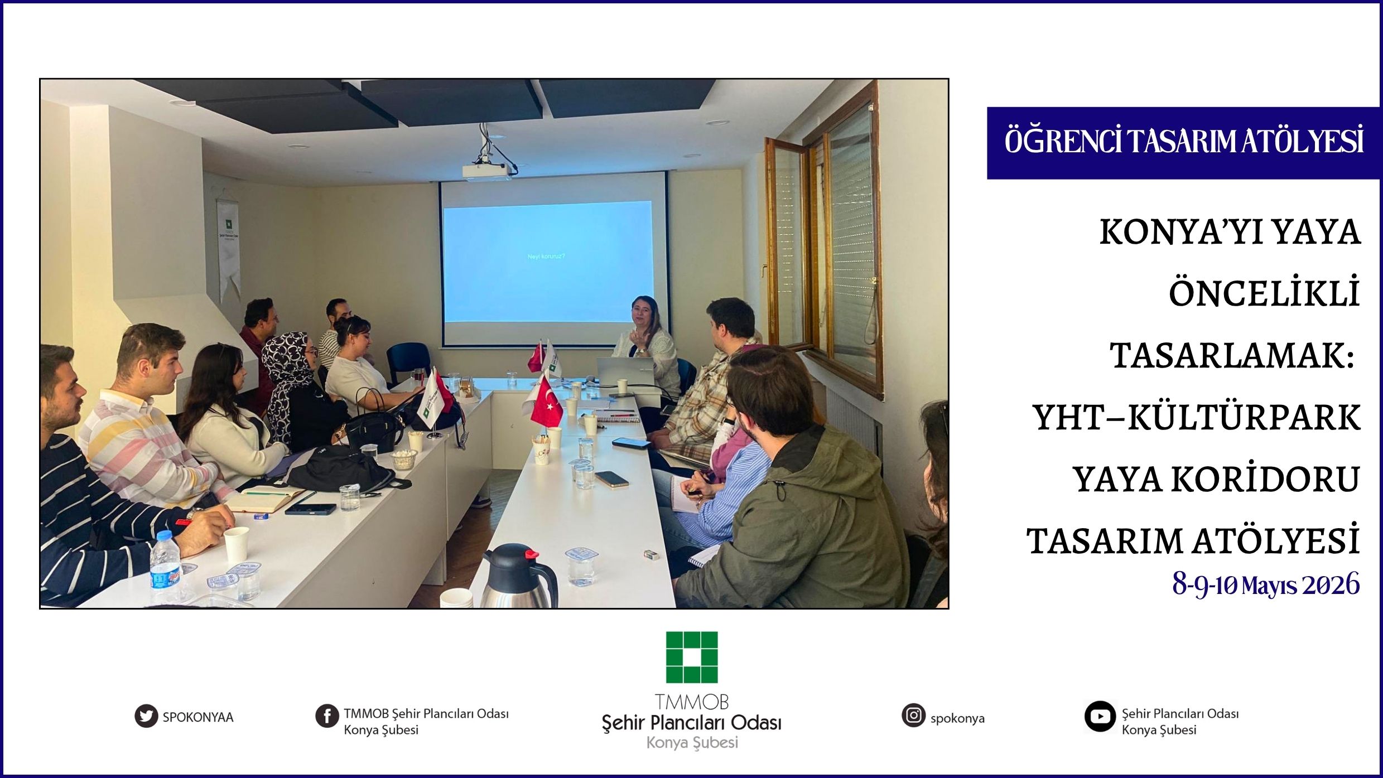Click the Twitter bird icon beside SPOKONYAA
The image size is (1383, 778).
[146, 717]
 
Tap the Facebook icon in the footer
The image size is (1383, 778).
[327, 716]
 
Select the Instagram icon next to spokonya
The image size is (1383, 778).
[913, 715]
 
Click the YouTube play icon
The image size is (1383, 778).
[1100, 717]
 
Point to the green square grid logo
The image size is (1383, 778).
[692, 657]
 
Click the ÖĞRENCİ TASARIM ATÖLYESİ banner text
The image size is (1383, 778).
[1184, 142]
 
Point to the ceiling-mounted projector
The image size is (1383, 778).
[487, 171]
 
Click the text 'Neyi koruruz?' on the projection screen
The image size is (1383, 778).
[546, 256]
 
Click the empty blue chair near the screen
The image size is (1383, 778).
[408, 361]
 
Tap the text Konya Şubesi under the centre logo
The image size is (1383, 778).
[692, 743]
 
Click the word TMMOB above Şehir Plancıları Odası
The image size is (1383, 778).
[692, 702]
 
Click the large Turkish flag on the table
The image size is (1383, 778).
[546, 403]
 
